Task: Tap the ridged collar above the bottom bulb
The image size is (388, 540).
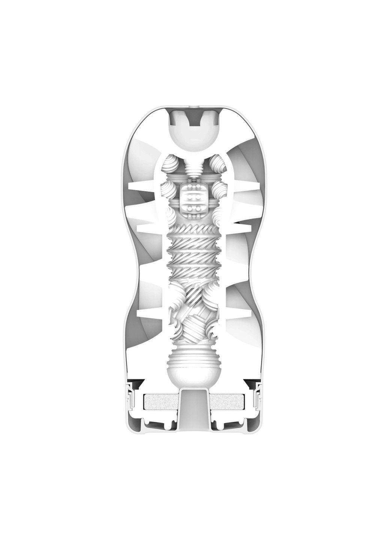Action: pos(193,345)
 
